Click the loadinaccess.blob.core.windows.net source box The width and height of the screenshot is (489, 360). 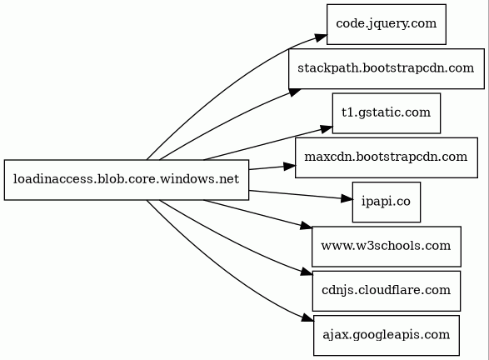127,180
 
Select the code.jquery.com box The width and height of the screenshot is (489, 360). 387,24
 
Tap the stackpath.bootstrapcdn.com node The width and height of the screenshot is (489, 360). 387,68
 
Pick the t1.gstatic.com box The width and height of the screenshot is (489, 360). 387,113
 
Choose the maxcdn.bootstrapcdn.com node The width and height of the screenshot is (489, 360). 387,157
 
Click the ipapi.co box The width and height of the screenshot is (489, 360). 387,202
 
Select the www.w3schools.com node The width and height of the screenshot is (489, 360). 387,247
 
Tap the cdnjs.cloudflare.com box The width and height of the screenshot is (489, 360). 387,291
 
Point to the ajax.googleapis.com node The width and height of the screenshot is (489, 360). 387,335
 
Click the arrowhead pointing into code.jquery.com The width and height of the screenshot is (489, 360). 321,37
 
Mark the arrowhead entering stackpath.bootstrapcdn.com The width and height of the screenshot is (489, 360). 295,92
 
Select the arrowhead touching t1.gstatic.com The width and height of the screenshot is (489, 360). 327,129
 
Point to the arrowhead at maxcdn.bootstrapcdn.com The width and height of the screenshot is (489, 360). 289,167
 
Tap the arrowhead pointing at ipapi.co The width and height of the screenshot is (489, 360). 347,198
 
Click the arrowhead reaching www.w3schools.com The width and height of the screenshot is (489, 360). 306,226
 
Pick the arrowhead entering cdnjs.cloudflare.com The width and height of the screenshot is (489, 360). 307,272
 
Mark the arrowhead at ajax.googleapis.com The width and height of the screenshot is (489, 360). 307,317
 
